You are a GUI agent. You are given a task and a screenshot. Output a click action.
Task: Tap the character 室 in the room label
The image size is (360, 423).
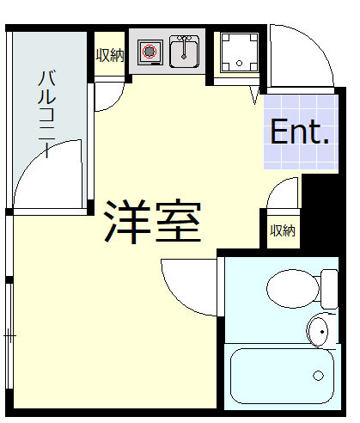(178, 222)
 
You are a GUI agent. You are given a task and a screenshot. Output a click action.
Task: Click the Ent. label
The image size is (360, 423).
(300, 132)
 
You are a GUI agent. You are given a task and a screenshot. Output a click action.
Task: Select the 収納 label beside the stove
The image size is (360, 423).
(108, 56)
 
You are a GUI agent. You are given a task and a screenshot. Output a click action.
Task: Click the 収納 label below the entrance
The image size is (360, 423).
(283, 230)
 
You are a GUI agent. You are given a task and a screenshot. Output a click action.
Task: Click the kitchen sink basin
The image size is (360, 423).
(185, 53)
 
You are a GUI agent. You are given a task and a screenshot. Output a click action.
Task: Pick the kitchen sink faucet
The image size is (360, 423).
(184, 40)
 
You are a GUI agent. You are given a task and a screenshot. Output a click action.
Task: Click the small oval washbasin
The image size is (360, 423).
(317, 329)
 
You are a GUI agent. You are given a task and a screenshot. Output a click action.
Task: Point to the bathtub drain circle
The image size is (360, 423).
(318, 376)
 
